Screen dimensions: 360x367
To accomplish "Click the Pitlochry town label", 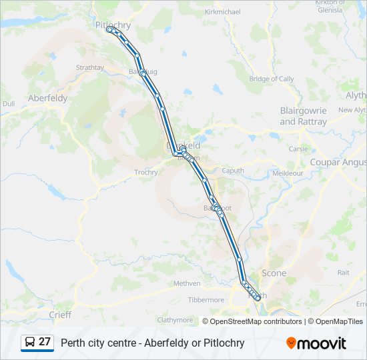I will pos(113,25).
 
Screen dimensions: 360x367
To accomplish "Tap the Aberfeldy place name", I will pos(47,98).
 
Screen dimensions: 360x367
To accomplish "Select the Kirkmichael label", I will pos(222,12).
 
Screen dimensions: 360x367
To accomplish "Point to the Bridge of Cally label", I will pos(272,79).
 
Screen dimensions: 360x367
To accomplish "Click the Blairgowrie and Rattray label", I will pos(304,117).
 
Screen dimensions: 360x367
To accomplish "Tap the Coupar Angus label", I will pos(338,162).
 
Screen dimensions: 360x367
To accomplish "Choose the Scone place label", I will pos(274,273).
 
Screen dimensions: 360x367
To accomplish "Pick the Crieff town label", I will pos(60,314).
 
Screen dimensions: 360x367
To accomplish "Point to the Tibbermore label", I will pos(206,300).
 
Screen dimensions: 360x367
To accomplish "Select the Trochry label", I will pos(146,172).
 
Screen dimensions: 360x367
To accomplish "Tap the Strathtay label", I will pos(90,67).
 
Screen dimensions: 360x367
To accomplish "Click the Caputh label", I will pos(233,171).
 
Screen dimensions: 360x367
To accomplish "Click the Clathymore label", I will pos(175,320).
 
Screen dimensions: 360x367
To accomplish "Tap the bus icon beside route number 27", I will pos(30,343).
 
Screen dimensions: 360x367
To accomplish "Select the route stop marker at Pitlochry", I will pos(109,29).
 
